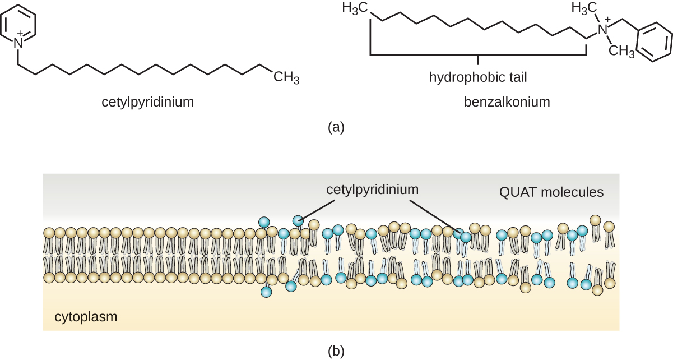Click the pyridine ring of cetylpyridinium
[19, 24]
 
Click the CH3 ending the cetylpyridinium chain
[286, 77]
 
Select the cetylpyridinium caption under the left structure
[147, 102]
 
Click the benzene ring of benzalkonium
[653, 43]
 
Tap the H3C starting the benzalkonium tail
[355, 8]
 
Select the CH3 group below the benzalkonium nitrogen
[621, 52]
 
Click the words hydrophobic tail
[478, 77]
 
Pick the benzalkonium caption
[507, 102]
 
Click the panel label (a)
[336, 127]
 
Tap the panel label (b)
[336, 351]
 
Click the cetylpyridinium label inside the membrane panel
[373, 189]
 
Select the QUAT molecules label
[551, 192]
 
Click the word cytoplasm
[86, 317]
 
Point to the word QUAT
[517, 192]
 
